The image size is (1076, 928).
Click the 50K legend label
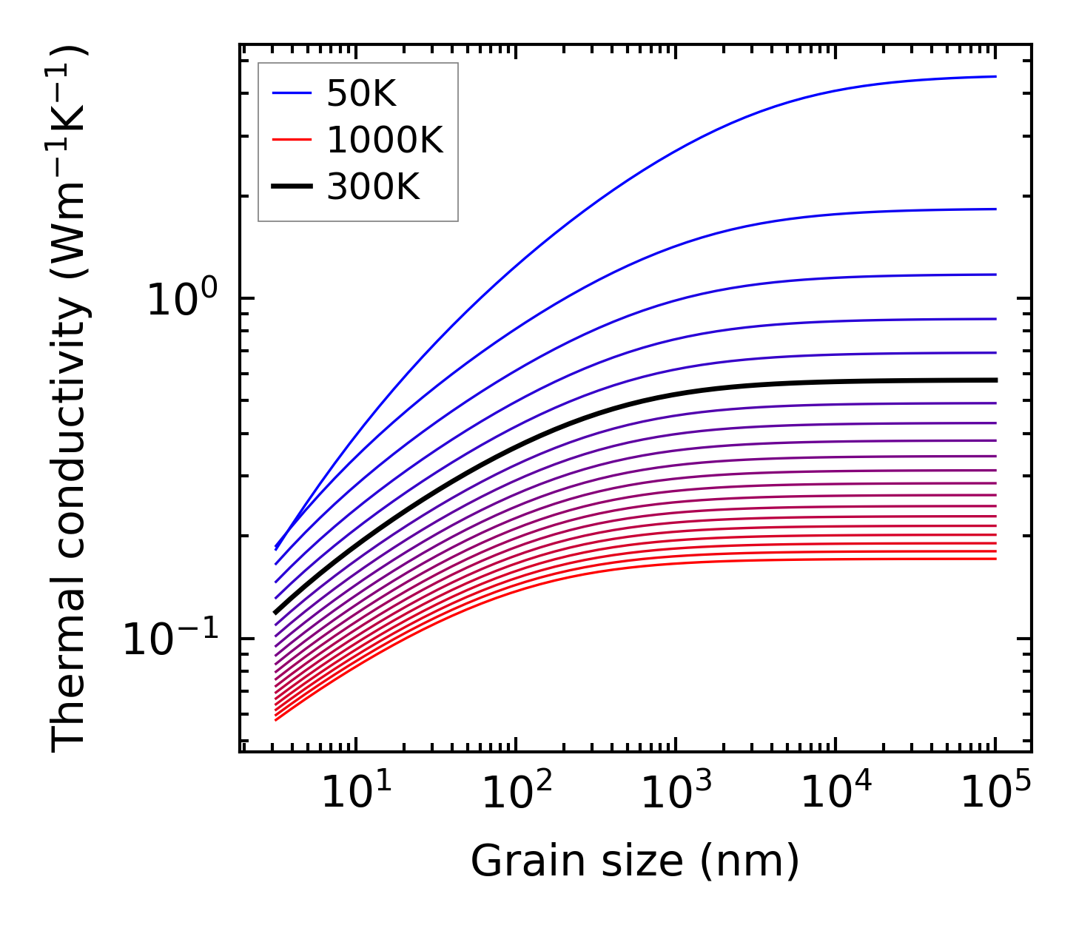pyautogui.click(x=362, y=94)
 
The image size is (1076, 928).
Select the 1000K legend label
pyautogui.click(x=385, y=141)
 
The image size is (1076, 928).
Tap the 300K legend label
pyautogui.click(x=373, y=187)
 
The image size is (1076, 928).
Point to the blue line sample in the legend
pyautogui.click(x=292, y=93)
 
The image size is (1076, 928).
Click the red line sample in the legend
pyautogui.click(x=292, y=140)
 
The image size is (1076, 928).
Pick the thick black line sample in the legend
pyautogui.click(x=292, y=186)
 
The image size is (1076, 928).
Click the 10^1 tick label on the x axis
pyautogui.click(x=355, y=794)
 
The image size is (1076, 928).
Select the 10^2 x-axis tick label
pyautogui.click(x=515, y=794)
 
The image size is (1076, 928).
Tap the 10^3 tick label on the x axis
pyautogui.click(x=675, y=794)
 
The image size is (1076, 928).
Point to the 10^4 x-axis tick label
pyautogui.click(x=835, y=794)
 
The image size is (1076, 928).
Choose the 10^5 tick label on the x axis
pyautogui.click(x=995, y=794)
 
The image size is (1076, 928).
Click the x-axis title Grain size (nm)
pyautogui.click(x=635, y=862)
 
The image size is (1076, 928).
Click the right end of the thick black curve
pyautogui.click(x=995, y=380)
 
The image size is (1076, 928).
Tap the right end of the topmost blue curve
pyautogui.click(x=995, y=76)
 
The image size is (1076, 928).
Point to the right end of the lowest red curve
pyautogui.click(x=995, y=558)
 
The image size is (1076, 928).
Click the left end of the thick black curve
pyautogui.click(x=276, y=612)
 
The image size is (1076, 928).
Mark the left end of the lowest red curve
pyautogui.click(x=276, y=719)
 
